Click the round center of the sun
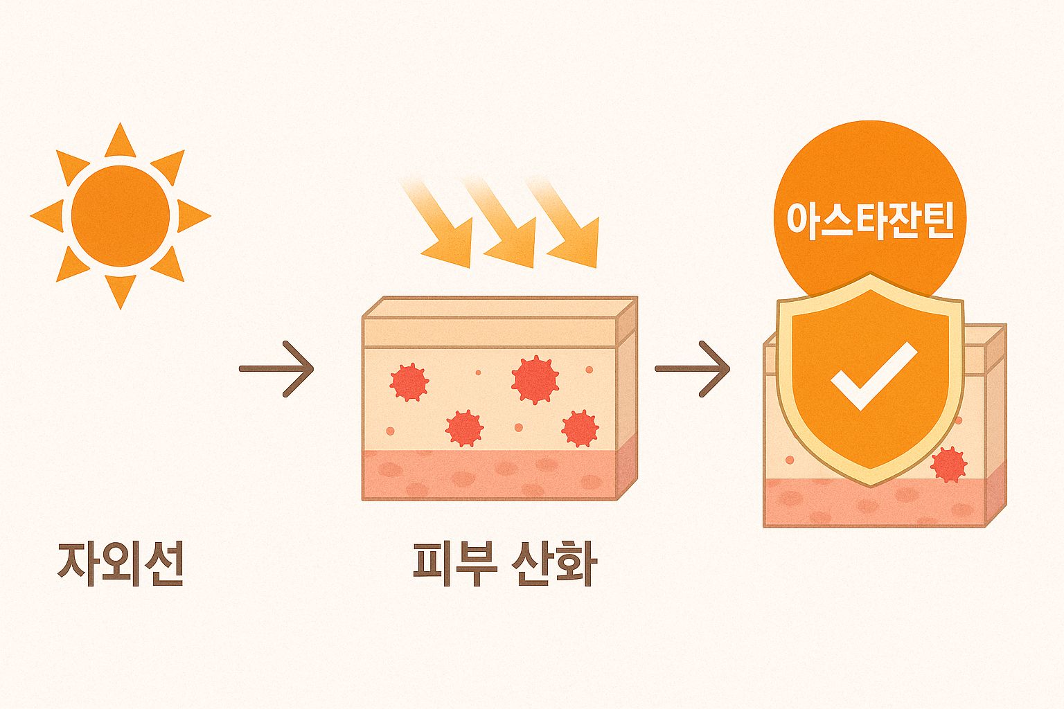(121, 215)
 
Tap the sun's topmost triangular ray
(121, 143)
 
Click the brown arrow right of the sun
(277, 369)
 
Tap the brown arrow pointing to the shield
(693, 369)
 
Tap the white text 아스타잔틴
(870, 219)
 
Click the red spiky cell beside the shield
(948, 464)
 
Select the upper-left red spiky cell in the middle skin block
(409, 382)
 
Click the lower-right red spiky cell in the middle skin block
(580, 428)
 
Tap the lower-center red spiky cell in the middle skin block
(464, 428)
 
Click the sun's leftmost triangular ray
(48, 215)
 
